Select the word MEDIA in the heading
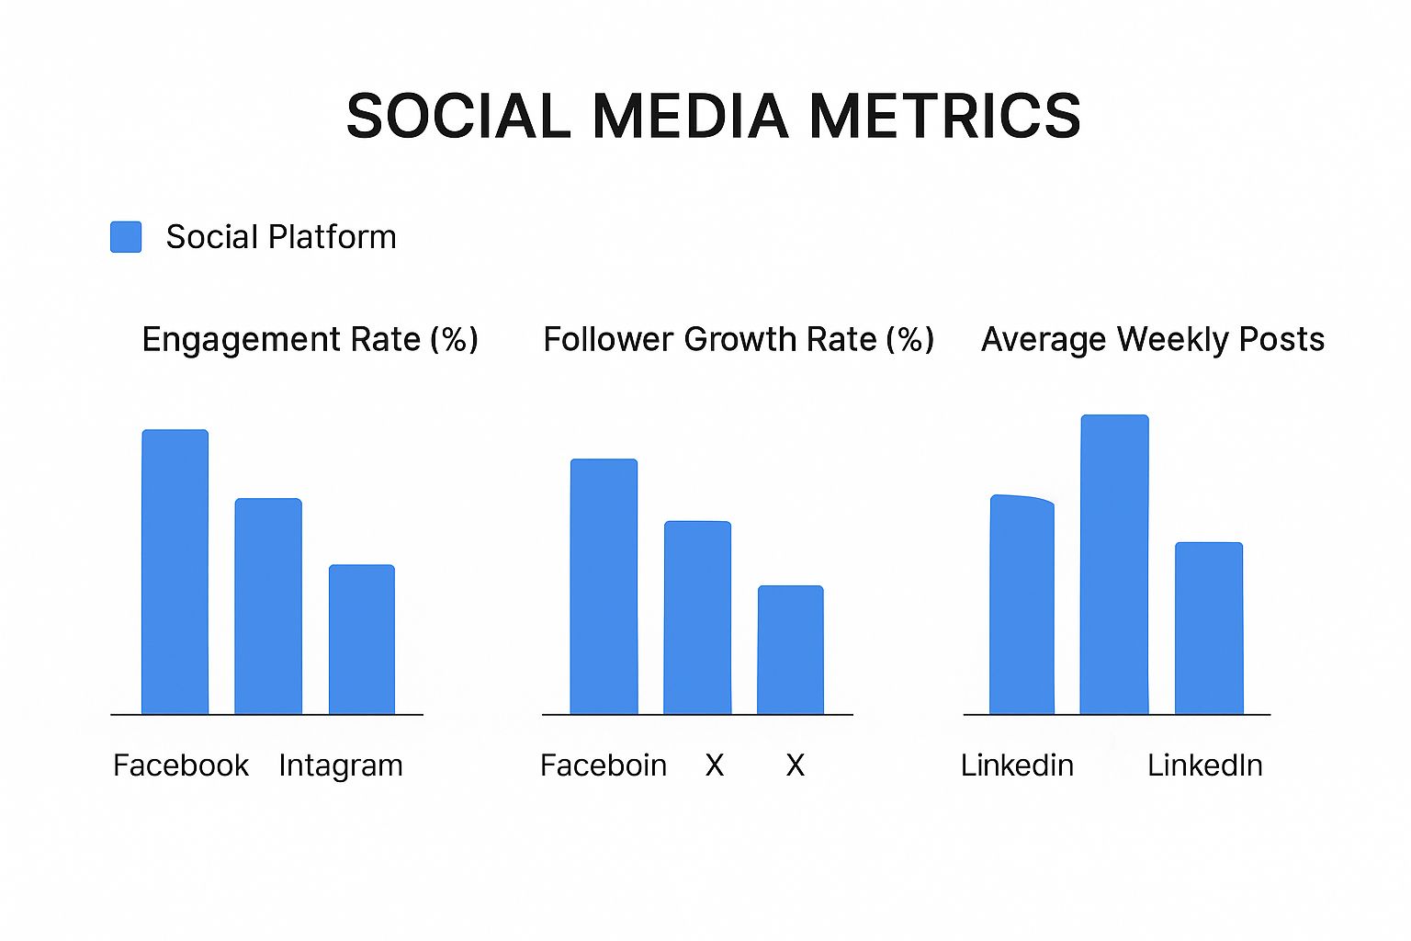(690, 117)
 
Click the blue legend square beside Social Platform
(126, 237)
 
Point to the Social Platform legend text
(280, 237)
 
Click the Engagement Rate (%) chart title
(310, 340)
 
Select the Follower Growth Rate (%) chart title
(739, 340)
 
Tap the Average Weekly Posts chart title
(1152, 340)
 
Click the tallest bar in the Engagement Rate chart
(175, 572)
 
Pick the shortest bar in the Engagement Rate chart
(362, 640)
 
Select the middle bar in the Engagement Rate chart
(268, 607)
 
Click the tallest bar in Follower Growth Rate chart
(604, 586)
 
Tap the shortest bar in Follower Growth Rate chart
(790, 650)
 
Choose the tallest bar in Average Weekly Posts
(1114, 564)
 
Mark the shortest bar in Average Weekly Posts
(1209, 629)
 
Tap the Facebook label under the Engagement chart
(180, 765)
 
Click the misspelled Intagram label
(340, 765)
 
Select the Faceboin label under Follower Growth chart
(603, 765)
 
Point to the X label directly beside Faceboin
(715, 765)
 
